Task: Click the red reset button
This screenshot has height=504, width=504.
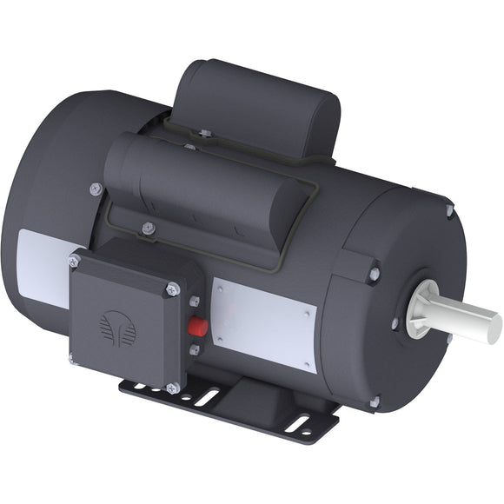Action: click(197, 327)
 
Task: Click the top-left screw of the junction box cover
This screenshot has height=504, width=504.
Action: click(74, 261)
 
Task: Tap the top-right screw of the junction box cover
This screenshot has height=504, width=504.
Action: click(172, 289)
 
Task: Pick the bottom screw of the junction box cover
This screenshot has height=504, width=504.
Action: click(172, 388)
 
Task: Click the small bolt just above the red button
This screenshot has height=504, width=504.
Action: click(195, 302)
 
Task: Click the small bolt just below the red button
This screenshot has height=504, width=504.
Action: click(195, 350)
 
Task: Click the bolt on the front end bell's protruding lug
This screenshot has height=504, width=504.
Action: click(374, 274)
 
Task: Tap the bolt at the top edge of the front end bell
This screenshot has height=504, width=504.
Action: click(448, 210)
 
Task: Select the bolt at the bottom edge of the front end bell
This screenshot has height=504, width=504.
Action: click(375, 401)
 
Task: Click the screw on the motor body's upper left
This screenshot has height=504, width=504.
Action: click(96, 189)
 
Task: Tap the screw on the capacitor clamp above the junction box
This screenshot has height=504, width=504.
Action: click(149, 229)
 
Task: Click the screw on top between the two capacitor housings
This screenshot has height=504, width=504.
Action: click(204, 134)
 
